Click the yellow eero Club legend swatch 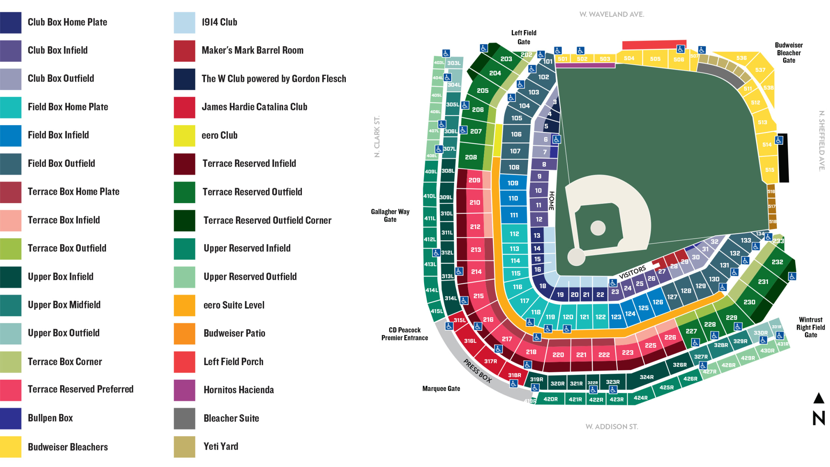pos(184,135)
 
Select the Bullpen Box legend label pos(50,418)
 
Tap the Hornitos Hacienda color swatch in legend pos(184,390)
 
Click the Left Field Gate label pos(524,37)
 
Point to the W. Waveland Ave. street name pos(612,14)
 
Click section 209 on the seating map pos(474,180)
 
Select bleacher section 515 pos(769,170)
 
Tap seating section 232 pos(777,262)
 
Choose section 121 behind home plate pos(584,317)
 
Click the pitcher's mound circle pos(598,228)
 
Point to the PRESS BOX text pos(477,371)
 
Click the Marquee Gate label pos(441,388)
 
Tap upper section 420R pos(550,399)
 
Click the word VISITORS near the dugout pos(632,272)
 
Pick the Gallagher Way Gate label pos(390,215)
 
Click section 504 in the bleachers pos(629,58)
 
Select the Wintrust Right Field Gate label pos(810,327)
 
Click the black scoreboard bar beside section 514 pos(783,158)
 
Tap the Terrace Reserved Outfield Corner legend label pos(267,220)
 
